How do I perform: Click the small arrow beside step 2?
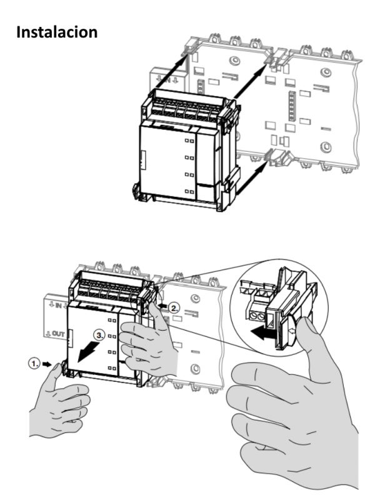coord(164,306)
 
